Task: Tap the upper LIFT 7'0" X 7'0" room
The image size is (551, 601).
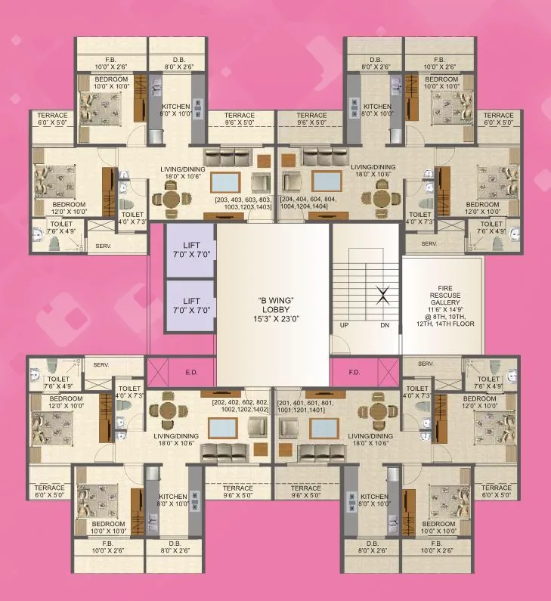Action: (x=190, y=250)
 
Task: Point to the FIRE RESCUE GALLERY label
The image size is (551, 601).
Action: (x=441, y=303)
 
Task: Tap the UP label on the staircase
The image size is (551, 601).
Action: (x=344, y=326)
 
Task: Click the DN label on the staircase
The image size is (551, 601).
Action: (x=385, y=326)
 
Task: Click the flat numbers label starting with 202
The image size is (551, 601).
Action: (x=240, y=405)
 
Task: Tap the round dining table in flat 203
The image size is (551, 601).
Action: (x=167, y=199)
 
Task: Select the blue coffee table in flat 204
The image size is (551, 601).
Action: (x=326, y=182)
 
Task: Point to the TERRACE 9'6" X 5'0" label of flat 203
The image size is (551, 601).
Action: (x=239, y=119)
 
